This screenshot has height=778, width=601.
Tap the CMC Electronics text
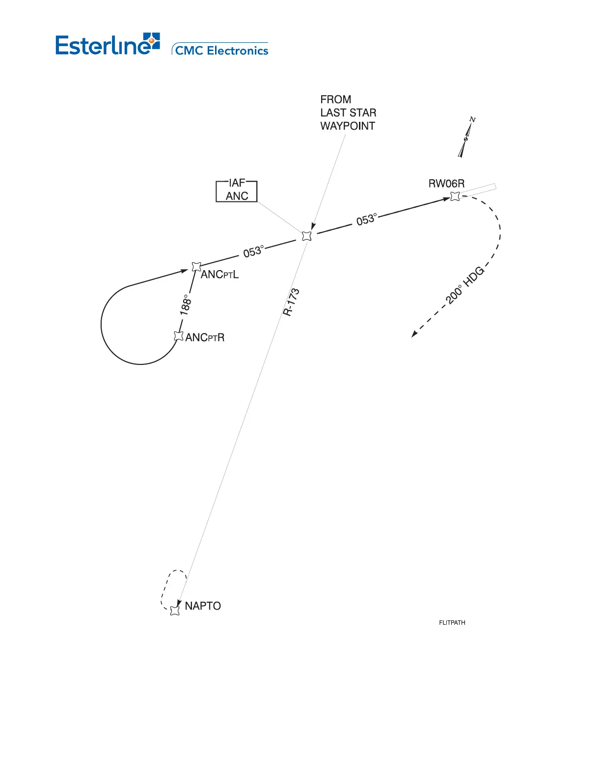click(x=221, y=51)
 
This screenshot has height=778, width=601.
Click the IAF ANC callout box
click(x=237, y=190)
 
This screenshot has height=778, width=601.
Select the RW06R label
click(x=446, y=184)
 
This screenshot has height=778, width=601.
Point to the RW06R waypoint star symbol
click(x=455, y=196)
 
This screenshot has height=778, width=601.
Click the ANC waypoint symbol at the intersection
click(x=307, y=236)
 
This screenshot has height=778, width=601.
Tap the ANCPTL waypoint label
click(x=219, y=275)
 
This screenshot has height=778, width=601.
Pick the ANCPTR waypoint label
click(x=205, y=337)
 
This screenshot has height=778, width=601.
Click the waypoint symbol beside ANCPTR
click(x=179, y=336)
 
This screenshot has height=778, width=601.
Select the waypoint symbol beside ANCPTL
click(x=196, y=267)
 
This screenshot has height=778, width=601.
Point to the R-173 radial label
click(x=291, y=302)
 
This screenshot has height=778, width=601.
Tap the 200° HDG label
click(x=465, y=285)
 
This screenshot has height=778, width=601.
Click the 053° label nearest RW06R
click(x=367, y=219)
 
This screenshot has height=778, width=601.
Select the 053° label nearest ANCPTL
click(x=253, y=251)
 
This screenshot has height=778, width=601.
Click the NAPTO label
click(x=203, y=606)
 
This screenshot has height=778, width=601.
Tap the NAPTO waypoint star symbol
click(x=175, y=611)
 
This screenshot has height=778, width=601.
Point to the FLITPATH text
click(x=452, y=622)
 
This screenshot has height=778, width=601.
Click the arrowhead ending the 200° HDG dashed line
click(x=414, y=334)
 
